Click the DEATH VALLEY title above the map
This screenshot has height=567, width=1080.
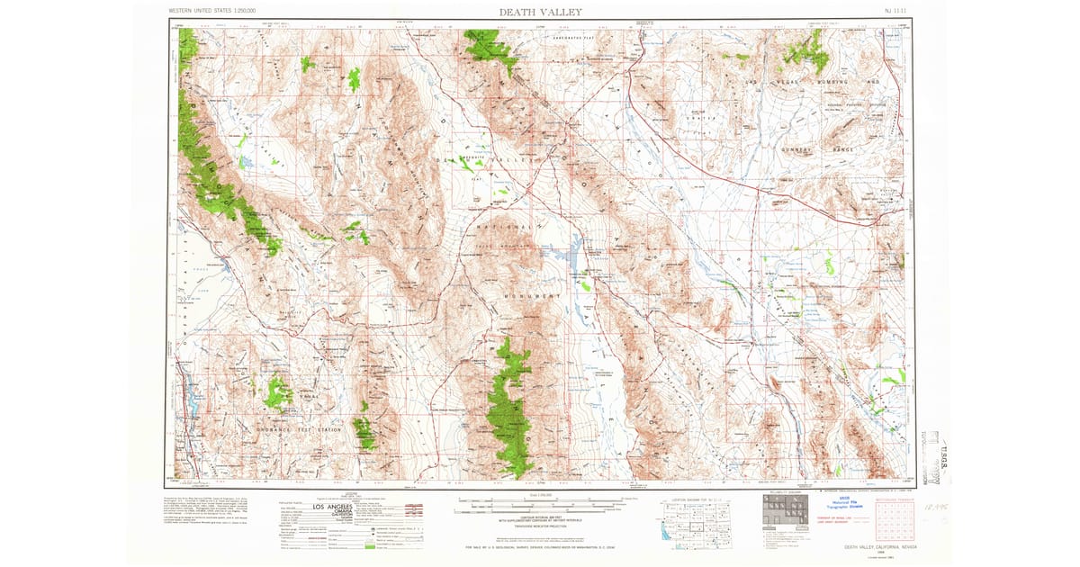pos(540,12)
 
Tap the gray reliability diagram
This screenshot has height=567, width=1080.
pos(779,514)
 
